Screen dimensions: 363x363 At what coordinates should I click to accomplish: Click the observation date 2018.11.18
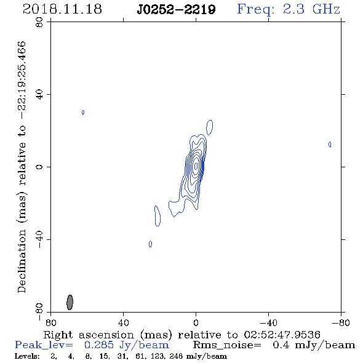coord(62,9)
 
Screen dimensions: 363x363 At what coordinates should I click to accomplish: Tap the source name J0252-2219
coord(176,10)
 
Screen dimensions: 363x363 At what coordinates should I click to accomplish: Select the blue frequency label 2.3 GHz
coord(311,9)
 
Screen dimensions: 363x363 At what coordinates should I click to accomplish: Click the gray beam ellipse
coord(70,302)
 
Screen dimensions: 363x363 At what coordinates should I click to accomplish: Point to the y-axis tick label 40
coord(39,95)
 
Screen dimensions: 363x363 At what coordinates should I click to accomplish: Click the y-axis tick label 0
coord(39,167)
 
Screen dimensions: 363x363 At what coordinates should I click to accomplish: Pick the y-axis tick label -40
coord(39,239)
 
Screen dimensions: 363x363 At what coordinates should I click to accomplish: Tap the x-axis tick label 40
coord(123,322)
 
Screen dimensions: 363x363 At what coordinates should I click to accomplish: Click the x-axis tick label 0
coord(196,322)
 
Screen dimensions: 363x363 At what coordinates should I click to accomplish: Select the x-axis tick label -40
coord(268,322)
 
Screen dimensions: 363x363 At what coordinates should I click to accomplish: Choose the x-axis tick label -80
coord(341,322)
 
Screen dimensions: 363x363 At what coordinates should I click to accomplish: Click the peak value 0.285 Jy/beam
coord(127,345)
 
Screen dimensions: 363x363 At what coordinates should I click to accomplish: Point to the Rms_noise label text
coord(227,345)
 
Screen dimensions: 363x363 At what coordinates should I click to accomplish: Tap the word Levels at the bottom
coord(27,356)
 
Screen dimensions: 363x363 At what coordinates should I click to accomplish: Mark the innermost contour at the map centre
coord(196,166)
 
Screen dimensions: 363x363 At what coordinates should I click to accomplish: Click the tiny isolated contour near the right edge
coord(330,145)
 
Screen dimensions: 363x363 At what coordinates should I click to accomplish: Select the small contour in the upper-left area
coord(83,113)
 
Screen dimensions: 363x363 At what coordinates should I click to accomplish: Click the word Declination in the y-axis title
coord(22,261)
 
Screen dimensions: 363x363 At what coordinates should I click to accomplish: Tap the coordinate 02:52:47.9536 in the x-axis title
coord(282,335)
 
